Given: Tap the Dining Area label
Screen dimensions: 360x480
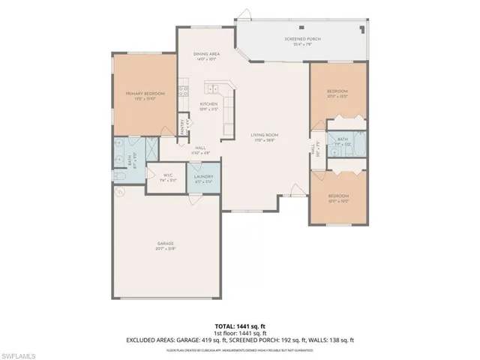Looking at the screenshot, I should [x=205, y=54].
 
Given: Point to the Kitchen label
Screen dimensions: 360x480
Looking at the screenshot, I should [x=208, y=104].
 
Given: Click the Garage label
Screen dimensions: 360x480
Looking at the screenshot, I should [x=166, y=244].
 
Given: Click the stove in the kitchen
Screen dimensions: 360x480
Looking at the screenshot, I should [x=182, y=92].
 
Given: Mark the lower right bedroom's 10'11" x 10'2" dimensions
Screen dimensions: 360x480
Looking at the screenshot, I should [x=337, y=201].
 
